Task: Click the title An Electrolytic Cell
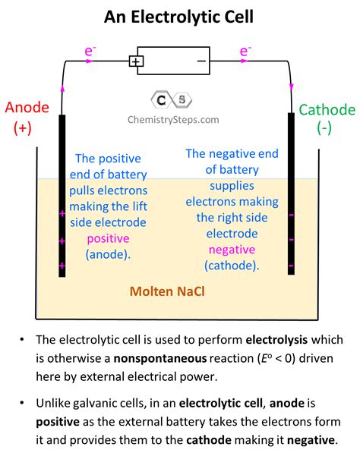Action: pos(180,16)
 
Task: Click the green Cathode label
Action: pos(326,110)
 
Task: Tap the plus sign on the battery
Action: pos(137,61)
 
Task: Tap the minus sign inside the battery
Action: pos(202,61)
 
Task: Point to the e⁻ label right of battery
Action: pos(245,52)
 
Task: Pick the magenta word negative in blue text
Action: pos(232,249)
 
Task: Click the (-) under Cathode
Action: pos(326,129)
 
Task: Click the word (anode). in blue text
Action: pos(108,253)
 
